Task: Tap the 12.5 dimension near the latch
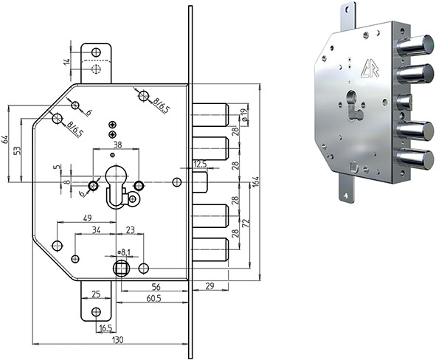click(x=199, y=163)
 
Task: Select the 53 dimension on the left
click(x=18, y=150)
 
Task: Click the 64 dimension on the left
click(x=6, y=140)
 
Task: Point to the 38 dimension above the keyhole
click(x=117, y=145)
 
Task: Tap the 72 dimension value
click(x=247, y=221)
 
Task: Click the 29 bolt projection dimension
click(x=210, y=285)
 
